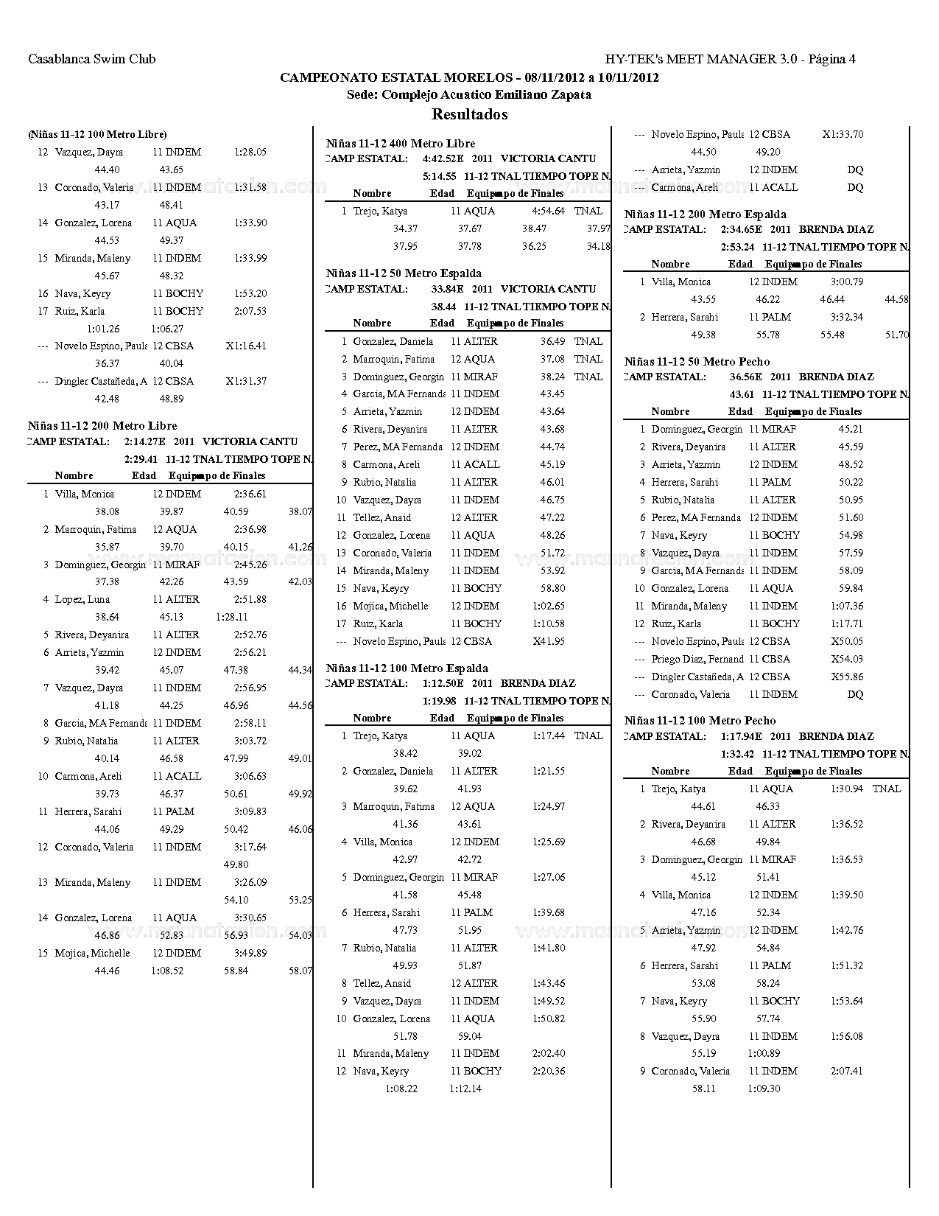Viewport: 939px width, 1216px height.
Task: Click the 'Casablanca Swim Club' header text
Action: pos(91,59)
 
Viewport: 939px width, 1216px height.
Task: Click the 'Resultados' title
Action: pos(469,114)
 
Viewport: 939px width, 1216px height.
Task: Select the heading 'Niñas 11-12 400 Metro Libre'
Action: pos(401,144)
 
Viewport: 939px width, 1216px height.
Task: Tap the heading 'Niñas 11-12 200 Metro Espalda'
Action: pos(705,214)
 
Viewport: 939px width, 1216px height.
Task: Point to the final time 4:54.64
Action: pos(548,211)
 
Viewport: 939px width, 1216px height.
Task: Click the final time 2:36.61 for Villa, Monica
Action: pos(250,494)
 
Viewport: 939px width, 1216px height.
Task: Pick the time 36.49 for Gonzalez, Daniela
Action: pos(552,341)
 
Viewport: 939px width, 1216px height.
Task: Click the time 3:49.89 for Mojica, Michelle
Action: pos(250,953)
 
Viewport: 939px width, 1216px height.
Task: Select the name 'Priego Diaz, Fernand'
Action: pos(697,659)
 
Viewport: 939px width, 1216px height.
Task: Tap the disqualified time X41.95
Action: pos(549,641)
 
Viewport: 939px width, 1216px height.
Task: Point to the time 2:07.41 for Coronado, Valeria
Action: pos(846,1071)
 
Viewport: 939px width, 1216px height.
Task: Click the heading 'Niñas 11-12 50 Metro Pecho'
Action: pos(697,361)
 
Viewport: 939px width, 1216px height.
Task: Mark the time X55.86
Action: pos(847,677)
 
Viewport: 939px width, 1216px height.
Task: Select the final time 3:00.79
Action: pos(846,282)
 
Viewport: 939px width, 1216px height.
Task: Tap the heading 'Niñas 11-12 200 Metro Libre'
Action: pos(102,426)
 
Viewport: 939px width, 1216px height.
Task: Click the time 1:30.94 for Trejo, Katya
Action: pos(846,789)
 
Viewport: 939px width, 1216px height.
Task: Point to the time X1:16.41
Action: pos(246,346)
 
